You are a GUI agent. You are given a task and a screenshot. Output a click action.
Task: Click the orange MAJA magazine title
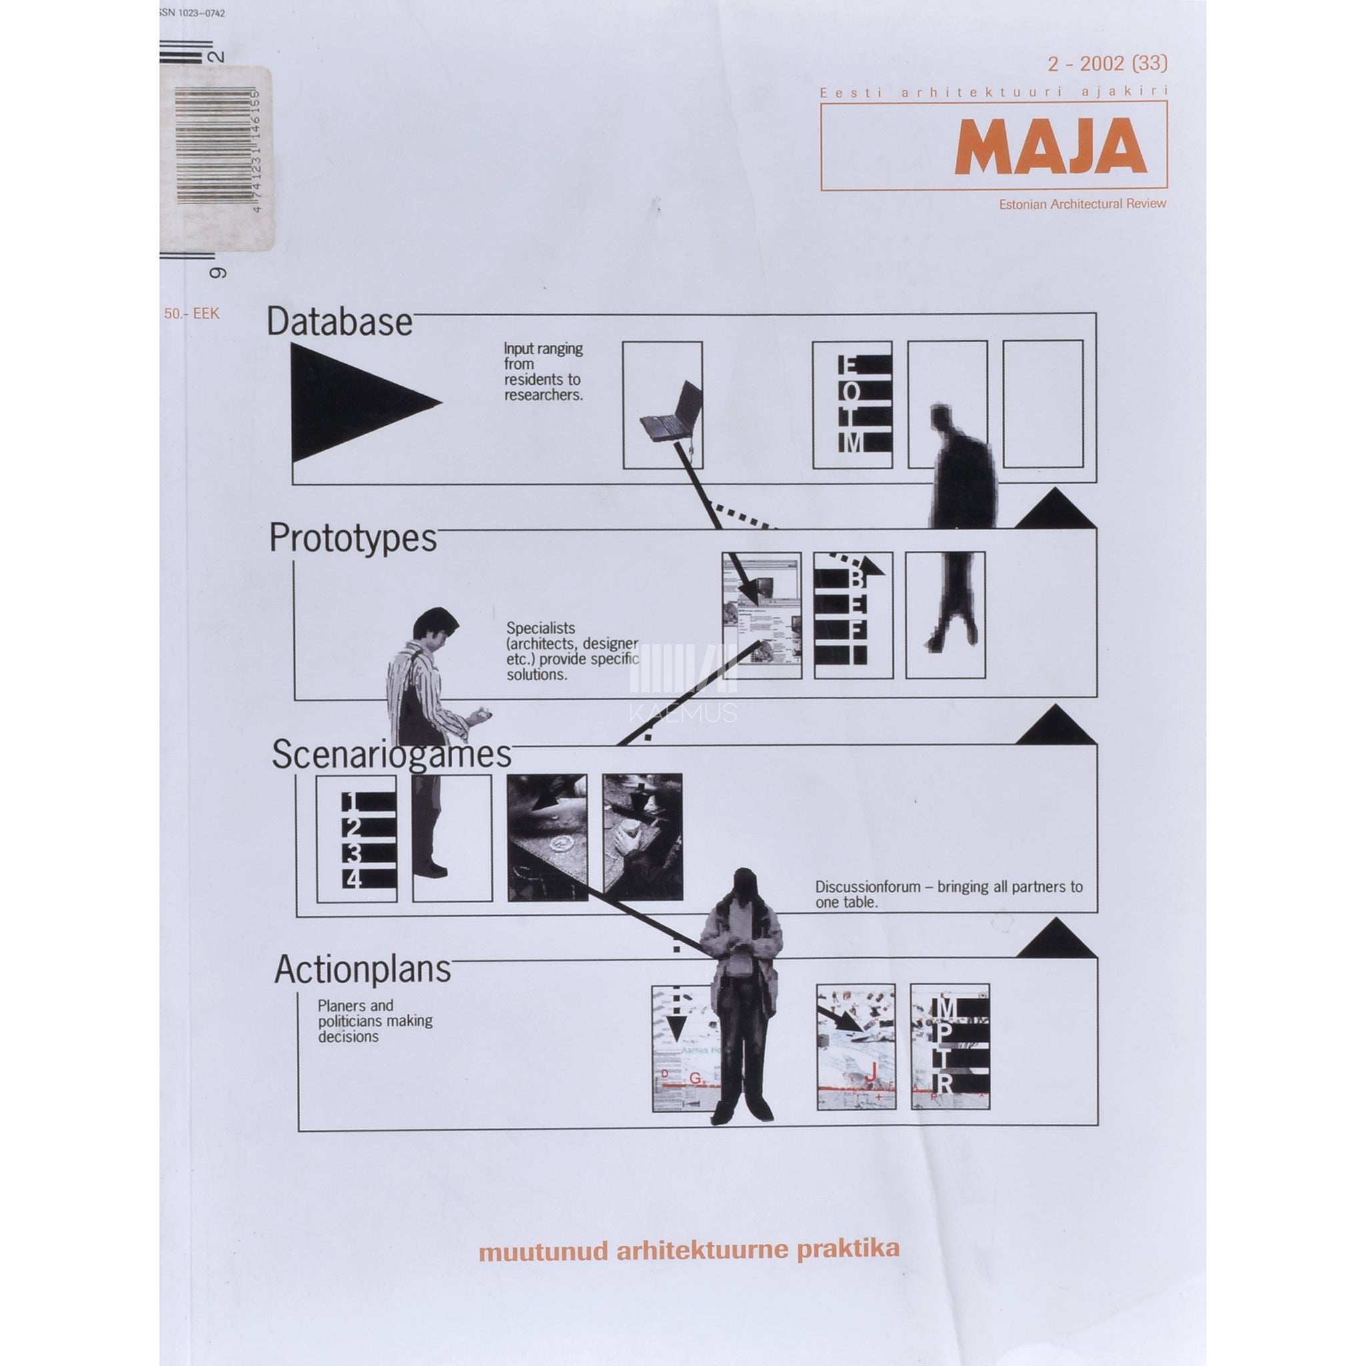1049,147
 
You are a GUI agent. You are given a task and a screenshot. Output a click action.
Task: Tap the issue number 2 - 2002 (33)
1107,63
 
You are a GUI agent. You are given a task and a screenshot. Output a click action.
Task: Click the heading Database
339,322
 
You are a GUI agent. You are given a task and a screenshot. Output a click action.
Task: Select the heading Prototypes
353,539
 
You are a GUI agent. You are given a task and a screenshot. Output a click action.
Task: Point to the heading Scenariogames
391,754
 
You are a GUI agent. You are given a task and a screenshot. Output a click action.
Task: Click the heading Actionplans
363,969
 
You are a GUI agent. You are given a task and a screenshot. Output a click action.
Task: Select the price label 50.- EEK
191,314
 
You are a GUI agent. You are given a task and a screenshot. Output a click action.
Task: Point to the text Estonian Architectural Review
1082,203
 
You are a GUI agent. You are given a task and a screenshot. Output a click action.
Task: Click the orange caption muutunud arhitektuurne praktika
690,1249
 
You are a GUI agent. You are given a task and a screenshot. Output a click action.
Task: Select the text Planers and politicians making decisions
374,1021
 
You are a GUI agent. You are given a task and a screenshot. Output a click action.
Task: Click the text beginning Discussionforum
948,894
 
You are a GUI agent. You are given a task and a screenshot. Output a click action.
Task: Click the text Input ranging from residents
543,372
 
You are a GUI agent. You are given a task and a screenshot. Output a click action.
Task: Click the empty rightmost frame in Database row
1043,404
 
